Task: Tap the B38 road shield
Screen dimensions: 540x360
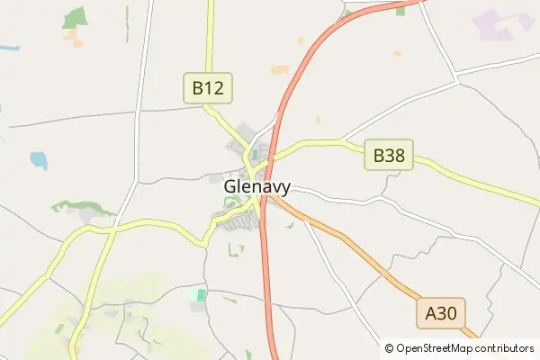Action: [x=389, y=156]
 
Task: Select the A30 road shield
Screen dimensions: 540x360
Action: [x=441, y=313]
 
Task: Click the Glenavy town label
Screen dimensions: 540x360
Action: [x=256, y=187]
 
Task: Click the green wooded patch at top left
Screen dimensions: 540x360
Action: [x=76, y=18]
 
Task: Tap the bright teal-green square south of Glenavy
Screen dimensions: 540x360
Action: [x=201, y=294]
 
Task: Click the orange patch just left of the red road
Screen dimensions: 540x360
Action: [x=280, y=69]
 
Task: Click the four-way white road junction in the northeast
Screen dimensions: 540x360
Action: [x=456, y=79]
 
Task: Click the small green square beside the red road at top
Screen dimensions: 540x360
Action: [x=346, y=14]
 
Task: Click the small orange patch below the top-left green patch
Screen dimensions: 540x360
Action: [x=73, y=39]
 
